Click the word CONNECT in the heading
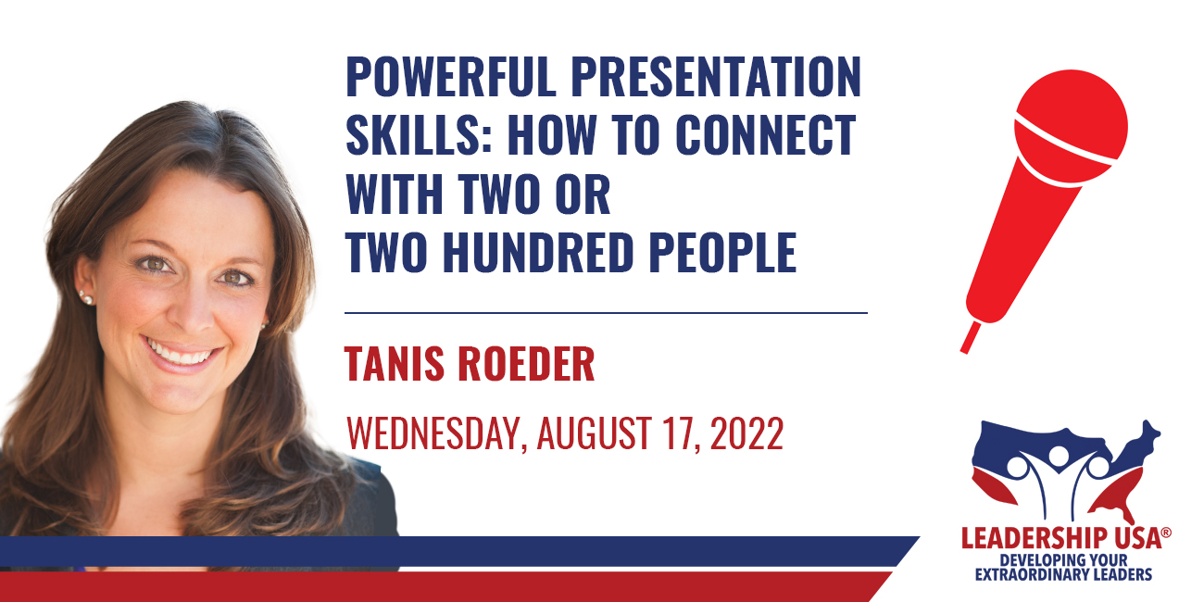coord(765,135)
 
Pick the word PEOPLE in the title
coord(723,252)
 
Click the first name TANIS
coord(395,364)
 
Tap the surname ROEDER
coord(527,364)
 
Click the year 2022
coord(747,433)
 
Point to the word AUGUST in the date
coord(595,433)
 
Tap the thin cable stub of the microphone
coord(970,337)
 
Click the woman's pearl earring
coord(85,296)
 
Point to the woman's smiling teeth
coord(179,353)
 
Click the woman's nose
coord(194,309)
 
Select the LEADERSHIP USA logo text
coord(1061,538)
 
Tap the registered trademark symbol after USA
coord(1166,533)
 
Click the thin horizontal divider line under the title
coord(607,312)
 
